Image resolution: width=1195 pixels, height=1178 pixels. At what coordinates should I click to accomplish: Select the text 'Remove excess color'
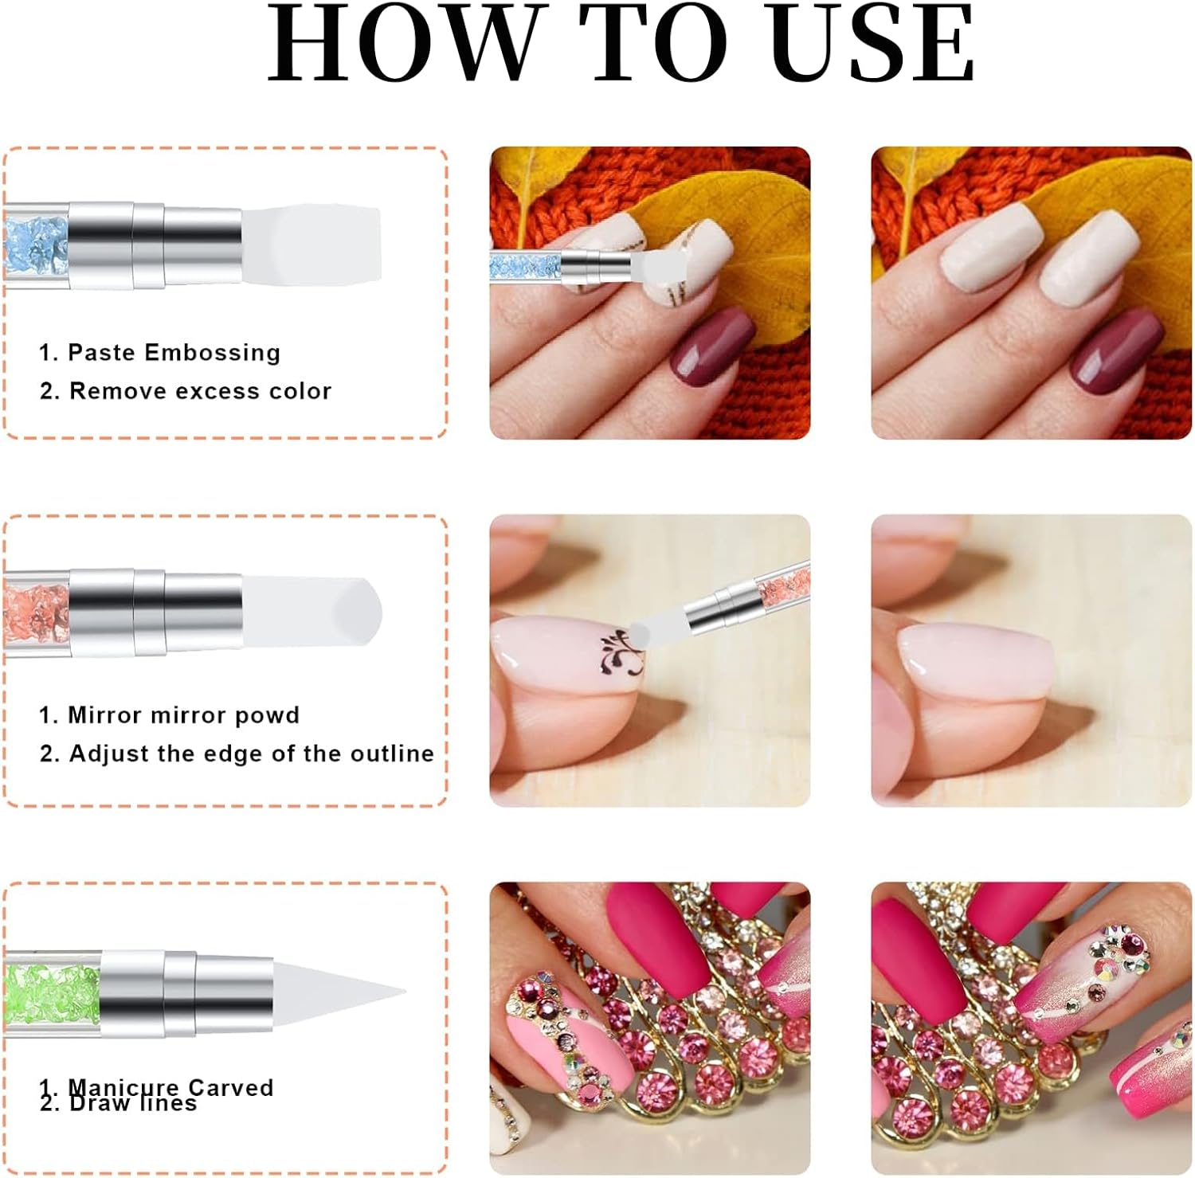click(x=199, y=391)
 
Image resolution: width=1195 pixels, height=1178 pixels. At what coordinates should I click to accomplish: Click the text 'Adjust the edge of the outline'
click(x=250, y=753)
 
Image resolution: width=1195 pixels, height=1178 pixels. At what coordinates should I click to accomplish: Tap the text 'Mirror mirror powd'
click(x=183, y=715)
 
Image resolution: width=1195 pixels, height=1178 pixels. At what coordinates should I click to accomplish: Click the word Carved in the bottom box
click(x=230, y=1087)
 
